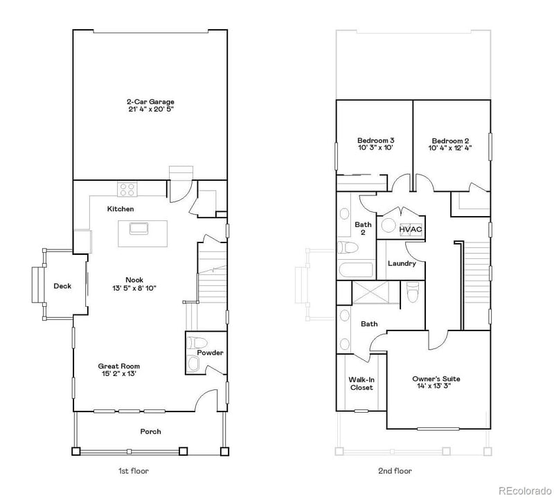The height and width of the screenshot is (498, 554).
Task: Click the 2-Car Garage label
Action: pos(150,102)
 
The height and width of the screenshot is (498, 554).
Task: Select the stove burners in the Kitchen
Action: pos(127,187)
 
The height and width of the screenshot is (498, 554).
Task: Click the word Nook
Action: pos(134,280)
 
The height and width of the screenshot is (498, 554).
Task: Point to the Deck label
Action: pos(62,286)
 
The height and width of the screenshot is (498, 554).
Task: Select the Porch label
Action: pos(150,432)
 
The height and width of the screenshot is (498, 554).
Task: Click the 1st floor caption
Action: pos(133,471)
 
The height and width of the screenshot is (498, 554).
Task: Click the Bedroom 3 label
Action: pos(375,139)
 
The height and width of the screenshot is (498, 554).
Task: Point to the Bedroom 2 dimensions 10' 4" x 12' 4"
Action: pos(450,148)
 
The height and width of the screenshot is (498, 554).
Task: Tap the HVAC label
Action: pos(410,229)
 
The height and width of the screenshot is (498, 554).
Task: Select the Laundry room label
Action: pos(402,263)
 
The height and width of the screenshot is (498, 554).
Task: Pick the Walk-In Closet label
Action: pos(361,383)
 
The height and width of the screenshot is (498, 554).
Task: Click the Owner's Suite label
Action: pos(436,379)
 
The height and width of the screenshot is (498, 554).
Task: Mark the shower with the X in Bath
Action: pos(374,294)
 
